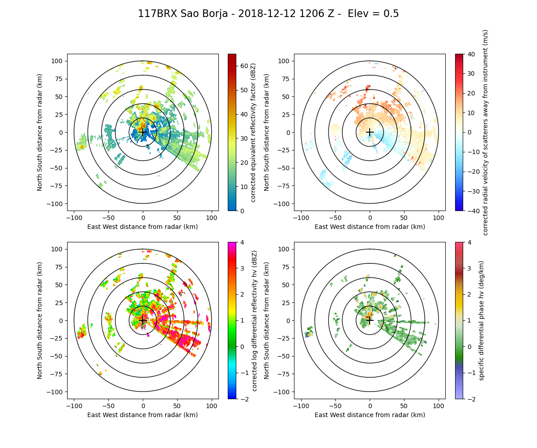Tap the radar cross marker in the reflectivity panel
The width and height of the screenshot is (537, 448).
pyautogui.click(x=143, y=132)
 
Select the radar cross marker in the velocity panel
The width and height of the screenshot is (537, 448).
pyautogui.click(x=370, y=132)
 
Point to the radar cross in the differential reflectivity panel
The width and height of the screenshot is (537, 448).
pyautogui.click(x=143, y=320)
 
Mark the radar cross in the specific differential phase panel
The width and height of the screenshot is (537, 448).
pyautogui.click(x=370, y=320)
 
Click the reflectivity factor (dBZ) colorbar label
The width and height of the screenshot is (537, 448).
pyautogui.click(x=253, y=132)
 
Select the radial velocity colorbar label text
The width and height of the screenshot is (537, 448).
pyautogui.click(x=486, y=132)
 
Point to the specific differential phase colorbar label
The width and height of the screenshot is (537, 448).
pyautogui.click(x=482, y=320)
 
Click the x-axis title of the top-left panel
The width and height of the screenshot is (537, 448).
pyautogui.click(x=143, y=227)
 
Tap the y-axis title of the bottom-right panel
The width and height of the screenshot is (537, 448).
pyautogui.click(x=267, y=320)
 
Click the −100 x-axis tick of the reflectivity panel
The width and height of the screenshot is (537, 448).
pyautogui.click(x=74, y=218)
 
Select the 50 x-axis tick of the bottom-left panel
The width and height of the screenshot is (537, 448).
pyautogui.click(x=177, y=406)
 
